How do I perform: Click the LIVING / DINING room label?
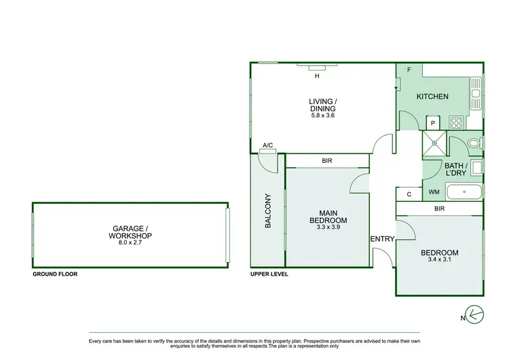[322, 105]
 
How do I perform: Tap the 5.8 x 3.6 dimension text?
[322, 115]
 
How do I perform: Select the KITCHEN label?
[432, 96]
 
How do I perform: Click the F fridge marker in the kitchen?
[408, 71]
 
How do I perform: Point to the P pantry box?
[432, 123]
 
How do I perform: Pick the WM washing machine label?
[434, 193]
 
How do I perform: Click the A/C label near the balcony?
[267, 145]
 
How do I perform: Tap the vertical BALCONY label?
[268, 211]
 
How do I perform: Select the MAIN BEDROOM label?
[328, 216]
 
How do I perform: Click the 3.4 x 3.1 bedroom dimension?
[439, 259]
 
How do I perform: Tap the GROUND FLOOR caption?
[55, 274]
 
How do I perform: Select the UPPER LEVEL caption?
[269, 274]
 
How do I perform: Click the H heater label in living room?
[316, 76]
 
